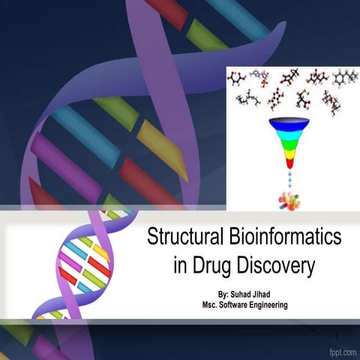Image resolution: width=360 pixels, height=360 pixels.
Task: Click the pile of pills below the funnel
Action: [x=289, y=200]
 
